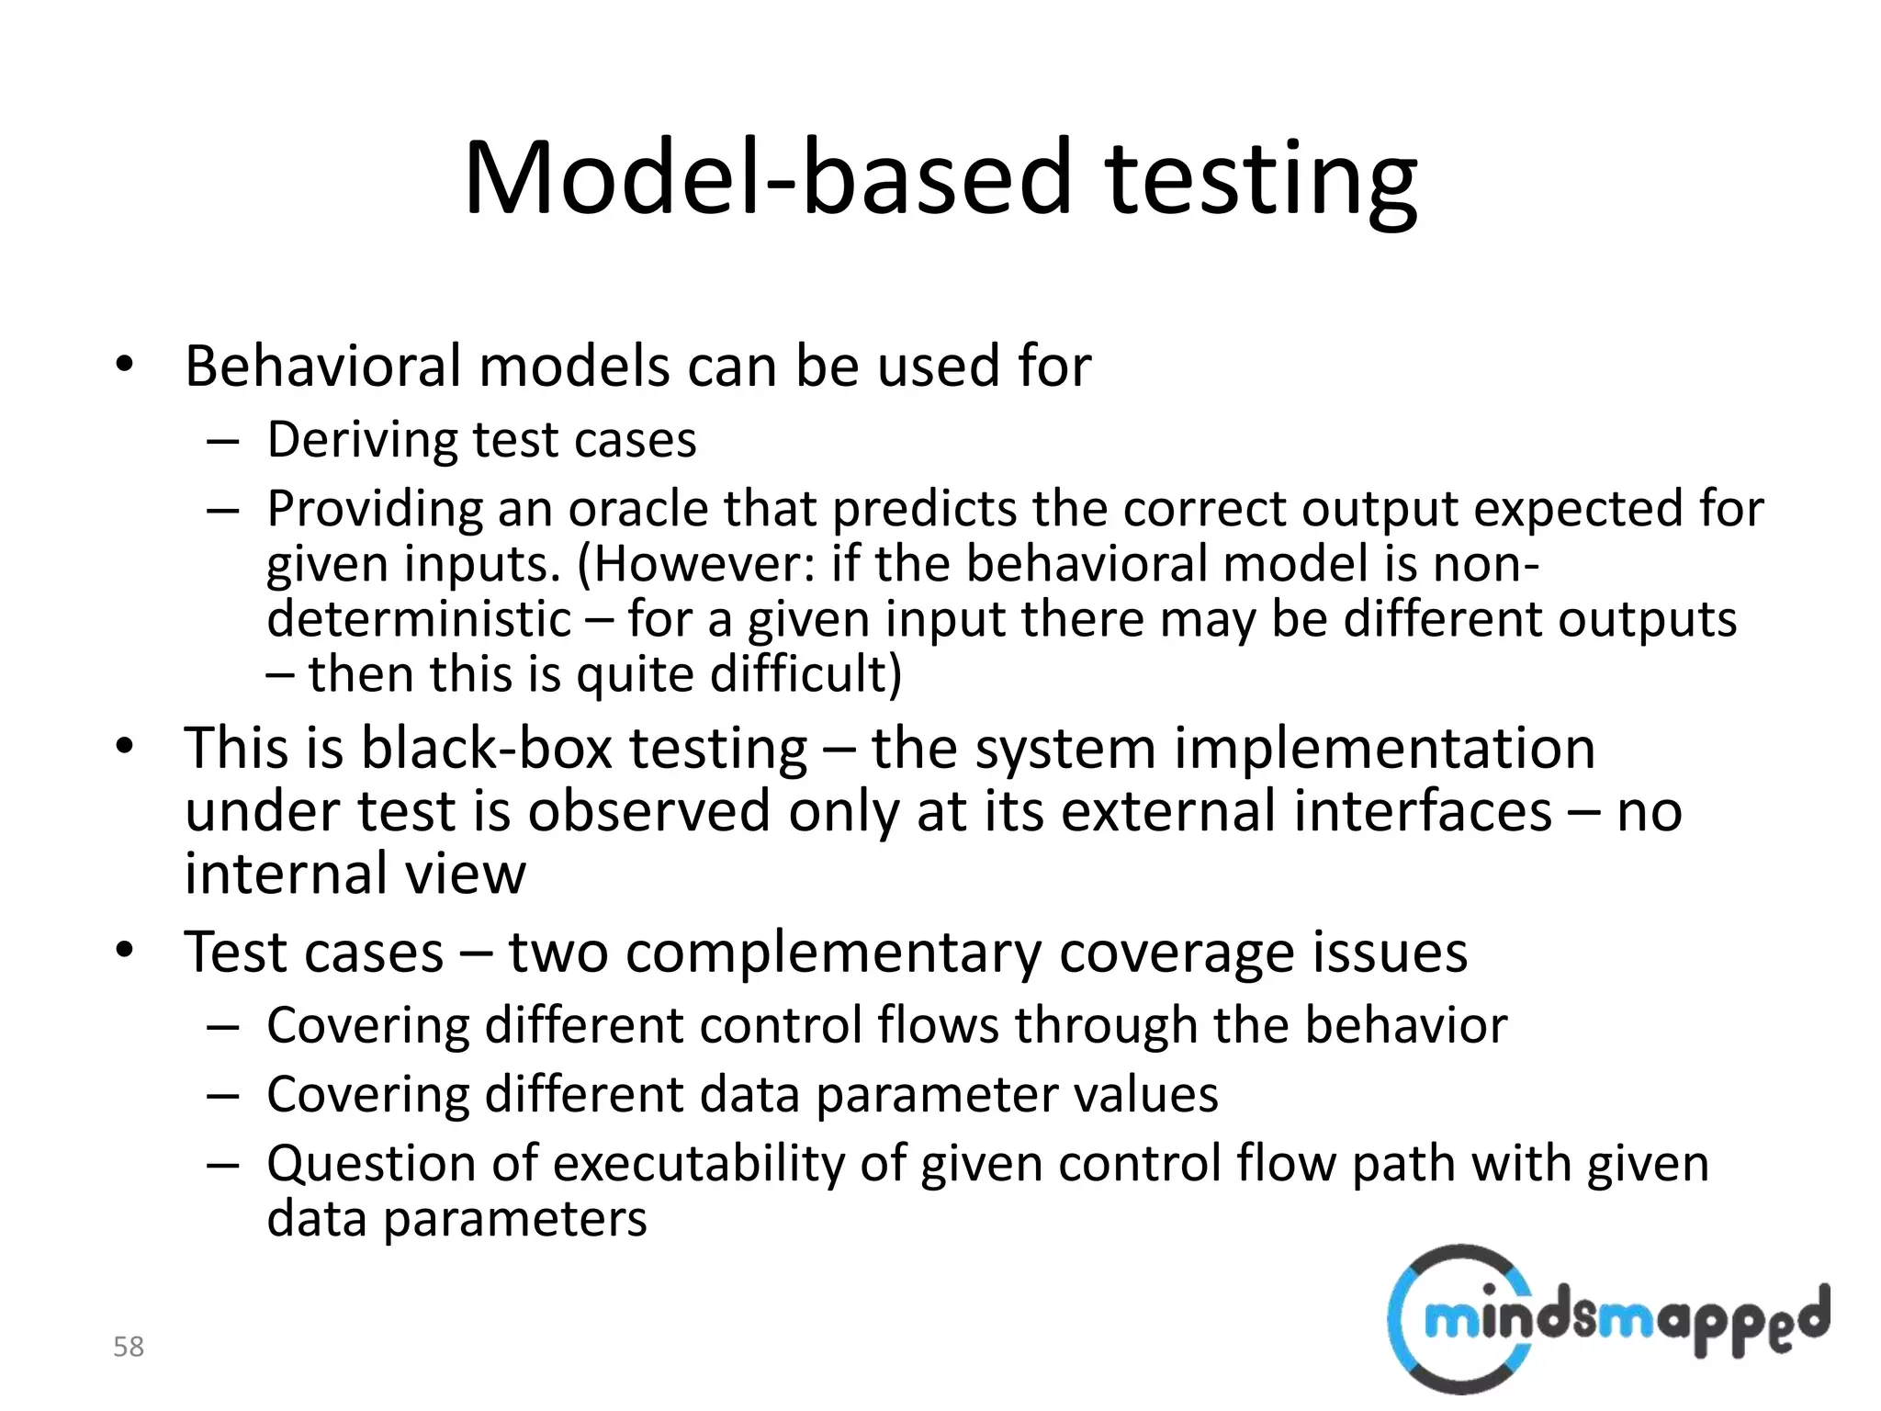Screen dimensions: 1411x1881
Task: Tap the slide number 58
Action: click(x=129, y=1347)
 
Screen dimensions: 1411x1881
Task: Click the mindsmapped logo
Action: click(x=1607, y=1319)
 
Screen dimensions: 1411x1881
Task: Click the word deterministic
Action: click(x=419, y=618)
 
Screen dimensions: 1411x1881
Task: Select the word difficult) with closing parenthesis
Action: click(x=806, y=673)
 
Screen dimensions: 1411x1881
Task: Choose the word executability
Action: click(x=698, y=1163)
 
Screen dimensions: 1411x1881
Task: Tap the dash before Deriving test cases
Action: click(x=223, y=441)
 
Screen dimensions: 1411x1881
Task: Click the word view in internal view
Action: click(x=466, y=873)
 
